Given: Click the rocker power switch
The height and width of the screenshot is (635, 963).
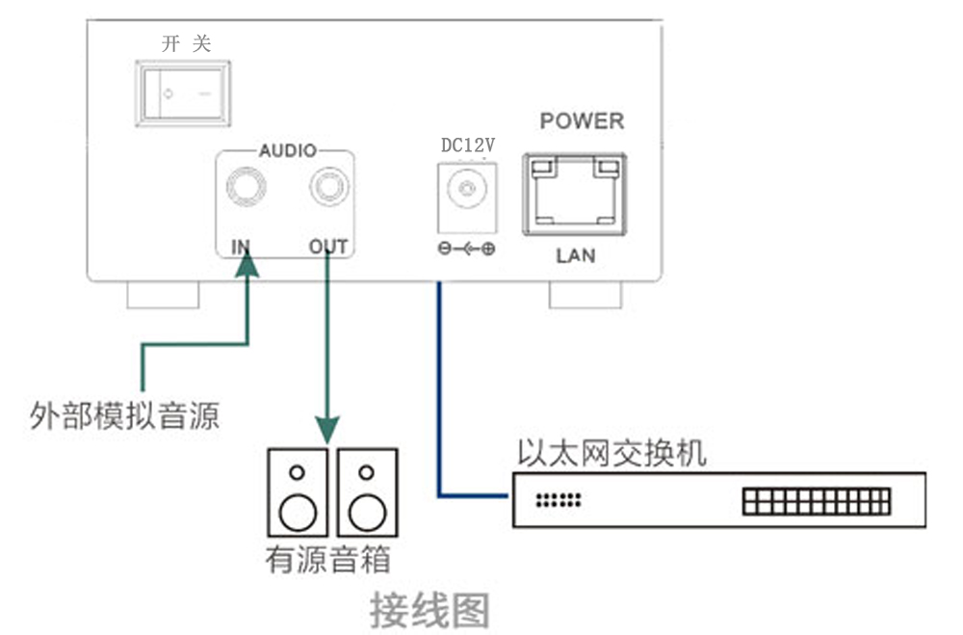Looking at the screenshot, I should tap(182, 93).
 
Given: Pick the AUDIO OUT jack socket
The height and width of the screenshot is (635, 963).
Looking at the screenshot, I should tap(326, 185).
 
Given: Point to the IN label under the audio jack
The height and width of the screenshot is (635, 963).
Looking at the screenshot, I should tap(241, 247).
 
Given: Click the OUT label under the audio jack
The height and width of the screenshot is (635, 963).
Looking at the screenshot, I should tap(328, 247).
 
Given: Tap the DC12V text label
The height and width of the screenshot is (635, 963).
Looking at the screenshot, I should tap(467, 146).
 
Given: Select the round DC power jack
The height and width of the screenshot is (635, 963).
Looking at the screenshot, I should tap(467, 190).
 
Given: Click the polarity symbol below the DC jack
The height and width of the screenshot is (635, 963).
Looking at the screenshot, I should tap(467, 250).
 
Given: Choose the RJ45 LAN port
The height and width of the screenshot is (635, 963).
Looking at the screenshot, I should tap(575, 195).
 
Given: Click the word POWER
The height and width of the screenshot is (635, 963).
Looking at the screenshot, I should tap(582, 121).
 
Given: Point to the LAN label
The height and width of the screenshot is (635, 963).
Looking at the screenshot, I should tap(576, 255).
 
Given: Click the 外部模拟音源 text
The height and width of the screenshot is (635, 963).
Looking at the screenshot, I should tap(124, 416).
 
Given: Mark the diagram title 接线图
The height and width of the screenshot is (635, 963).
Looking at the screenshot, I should tap(430, 610).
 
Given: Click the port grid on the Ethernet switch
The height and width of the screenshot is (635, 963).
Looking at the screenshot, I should tap(816, 501).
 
